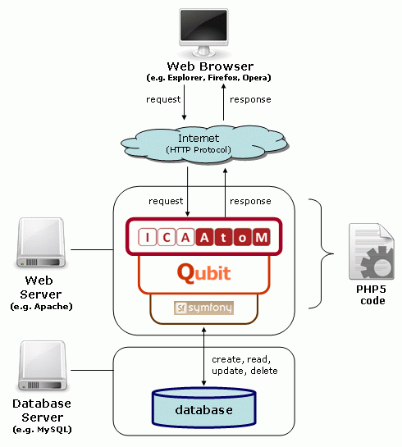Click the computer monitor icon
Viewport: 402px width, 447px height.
(203, 32)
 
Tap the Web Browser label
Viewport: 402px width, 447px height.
(210, 66)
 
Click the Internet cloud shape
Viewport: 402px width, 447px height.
(203, 145)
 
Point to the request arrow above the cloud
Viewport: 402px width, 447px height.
(184, 103)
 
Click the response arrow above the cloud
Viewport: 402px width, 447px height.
(223, 103)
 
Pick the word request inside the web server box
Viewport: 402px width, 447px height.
(166, 201)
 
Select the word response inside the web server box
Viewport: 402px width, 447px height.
(250, 201)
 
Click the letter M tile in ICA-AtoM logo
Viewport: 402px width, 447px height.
(261, 237)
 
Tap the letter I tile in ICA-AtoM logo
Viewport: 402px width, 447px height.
(147, 237)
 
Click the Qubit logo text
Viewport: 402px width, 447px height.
(203, 273)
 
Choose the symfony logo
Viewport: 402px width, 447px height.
(203, 308)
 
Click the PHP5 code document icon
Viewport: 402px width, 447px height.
(372, 252)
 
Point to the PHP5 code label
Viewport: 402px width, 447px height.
(372, 294)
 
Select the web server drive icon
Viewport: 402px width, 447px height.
(41, 243)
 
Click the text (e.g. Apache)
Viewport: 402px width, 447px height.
(41, 307)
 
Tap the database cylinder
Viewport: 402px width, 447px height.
(203, 408)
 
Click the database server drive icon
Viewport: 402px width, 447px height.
(43, 366)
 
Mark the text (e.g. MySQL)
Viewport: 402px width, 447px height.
(42, 430)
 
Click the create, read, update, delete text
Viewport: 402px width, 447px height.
(244, 365)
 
